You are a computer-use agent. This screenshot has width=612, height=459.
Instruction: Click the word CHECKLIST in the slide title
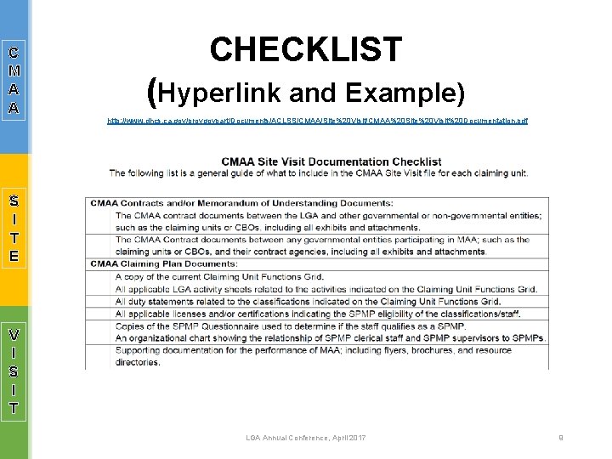306,50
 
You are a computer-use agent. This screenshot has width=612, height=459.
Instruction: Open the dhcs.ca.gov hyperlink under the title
317,121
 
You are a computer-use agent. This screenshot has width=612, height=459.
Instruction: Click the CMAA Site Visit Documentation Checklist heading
331,161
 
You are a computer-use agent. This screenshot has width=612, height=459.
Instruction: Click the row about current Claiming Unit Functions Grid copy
219,277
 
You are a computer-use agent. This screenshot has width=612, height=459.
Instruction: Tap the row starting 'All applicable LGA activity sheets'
326,289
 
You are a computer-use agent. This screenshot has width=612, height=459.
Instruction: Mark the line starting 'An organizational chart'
330,338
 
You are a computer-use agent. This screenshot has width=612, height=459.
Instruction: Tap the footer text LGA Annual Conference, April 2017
305,438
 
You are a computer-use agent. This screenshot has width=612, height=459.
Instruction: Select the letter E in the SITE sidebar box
14,255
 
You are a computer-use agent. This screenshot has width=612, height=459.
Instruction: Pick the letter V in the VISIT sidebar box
14,334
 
